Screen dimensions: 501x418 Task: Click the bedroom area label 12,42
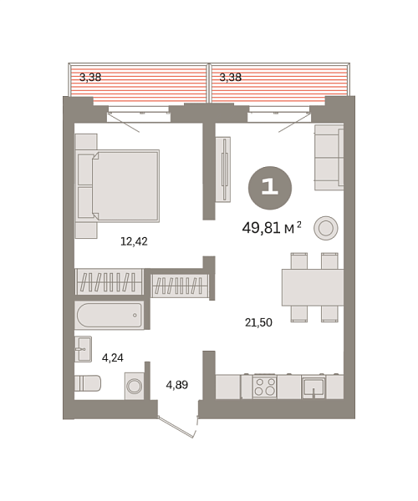[134, 241]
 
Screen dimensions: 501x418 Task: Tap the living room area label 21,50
[257, 322]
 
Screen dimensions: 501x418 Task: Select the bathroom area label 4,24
[113, 357]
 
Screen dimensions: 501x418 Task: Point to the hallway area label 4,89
[176, 385]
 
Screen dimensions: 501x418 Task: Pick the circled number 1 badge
[270, 187]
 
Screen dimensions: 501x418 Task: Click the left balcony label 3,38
[90, 78]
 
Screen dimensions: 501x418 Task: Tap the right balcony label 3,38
[230, 78]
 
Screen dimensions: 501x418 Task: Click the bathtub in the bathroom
[109, 316]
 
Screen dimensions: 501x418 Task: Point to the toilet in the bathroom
[87, 383]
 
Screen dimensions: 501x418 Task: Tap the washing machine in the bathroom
[134, 385]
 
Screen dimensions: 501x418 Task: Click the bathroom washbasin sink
[83, 349]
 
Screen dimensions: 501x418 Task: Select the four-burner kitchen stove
[265, 387]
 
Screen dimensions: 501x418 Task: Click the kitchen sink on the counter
[313, 387]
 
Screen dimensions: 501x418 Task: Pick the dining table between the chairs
[313, 287]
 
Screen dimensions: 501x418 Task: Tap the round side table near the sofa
[326, 227]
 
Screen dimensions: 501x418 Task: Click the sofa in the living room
[329, 157]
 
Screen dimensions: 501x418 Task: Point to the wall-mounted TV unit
[223, 170]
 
